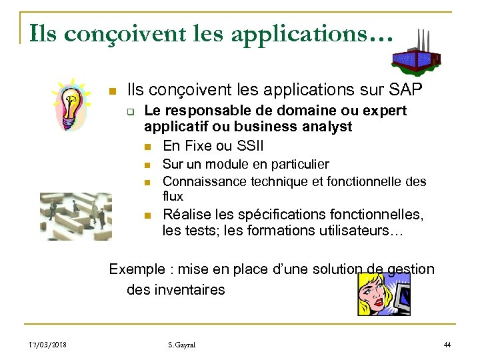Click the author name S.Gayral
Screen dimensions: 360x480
tap(182, 344)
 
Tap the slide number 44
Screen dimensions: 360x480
tap(447, 344)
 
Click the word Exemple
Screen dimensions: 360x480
tap(137, 269)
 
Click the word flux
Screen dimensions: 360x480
tap(173, 197)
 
